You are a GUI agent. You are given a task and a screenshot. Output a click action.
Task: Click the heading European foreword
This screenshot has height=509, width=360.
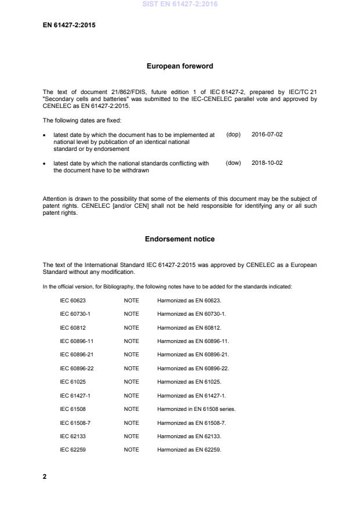pos(179,66)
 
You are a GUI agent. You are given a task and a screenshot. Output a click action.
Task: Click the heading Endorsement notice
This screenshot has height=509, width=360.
pos(179,239)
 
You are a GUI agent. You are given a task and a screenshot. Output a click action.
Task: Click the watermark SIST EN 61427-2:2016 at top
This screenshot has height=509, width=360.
pos(179,5)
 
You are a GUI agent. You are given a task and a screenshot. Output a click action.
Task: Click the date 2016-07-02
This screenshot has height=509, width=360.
pos(267,134)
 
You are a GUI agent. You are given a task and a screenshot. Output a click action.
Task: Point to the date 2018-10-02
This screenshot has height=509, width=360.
pos(267,163)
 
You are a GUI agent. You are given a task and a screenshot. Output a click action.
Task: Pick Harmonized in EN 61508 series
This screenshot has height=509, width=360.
pos(196,409)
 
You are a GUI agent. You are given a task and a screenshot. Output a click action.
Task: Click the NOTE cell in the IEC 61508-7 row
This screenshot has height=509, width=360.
pos(131,423)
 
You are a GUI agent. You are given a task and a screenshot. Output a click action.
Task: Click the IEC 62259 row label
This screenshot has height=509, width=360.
pos(73,450)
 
